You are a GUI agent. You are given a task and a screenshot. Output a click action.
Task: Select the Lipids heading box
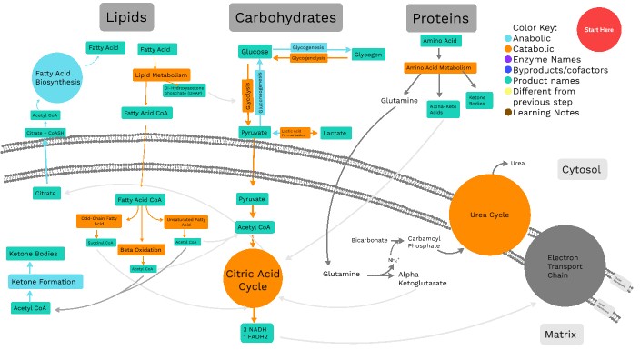pos(125,17)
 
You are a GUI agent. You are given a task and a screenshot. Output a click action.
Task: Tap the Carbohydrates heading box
pos(285,17)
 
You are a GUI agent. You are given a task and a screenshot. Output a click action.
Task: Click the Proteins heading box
pos(441,17)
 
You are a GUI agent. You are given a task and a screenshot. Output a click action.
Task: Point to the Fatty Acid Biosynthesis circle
pos(56,76)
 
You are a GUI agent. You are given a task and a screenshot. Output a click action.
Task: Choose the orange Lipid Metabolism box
pos(161,75)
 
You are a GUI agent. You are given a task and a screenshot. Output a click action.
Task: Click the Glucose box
pos(255,52)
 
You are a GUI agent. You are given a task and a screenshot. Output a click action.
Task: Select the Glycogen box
pos(367,55)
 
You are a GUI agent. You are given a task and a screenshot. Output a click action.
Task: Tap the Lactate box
pos(334,133)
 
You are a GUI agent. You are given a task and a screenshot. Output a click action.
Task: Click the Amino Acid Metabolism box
pos(440,68)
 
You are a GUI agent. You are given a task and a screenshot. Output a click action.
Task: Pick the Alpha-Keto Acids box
pos(442,107)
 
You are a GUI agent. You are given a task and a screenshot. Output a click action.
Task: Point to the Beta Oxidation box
pos(139,249)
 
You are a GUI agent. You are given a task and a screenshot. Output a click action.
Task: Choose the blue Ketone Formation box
pos(45,282)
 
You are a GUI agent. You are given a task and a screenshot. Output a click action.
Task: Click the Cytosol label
pos(581,169)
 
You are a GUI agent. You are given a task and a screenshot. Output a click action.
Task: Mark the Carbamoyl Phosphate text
pos(424,241)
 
